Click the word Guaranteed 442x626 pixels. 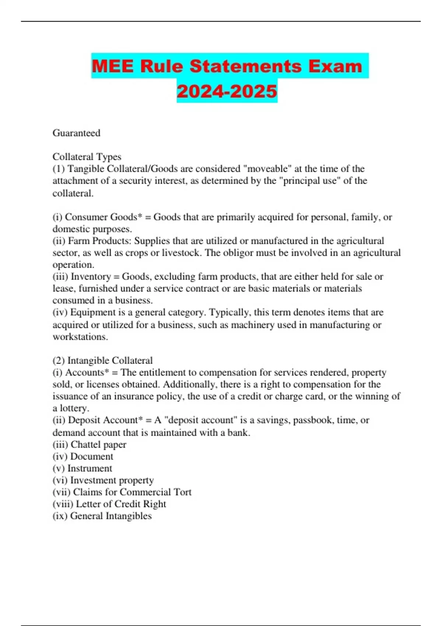(x=76, y=133)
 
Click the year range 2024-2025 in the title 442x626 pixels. (x=227, y=91)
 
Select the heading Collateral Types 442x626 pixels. (x=87, y=157)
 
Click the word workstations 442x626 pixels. (x=80, y=337)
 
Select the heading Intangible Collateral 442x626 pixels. (x=110, y=361)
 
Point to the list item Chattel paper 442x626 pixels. (x=98, y=444)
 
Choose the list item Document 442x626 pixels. (x=92, y=457)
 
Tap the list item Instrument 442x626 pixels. (x=90, y=468)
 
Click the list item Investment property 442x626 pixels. (x=112, y=480)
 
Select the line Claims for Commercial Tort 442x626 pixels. (x=132, y=492)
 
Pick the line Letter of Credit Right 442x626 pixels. (x=121, y=504)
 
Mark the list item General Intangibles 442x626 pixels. (x=111, y=516)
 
